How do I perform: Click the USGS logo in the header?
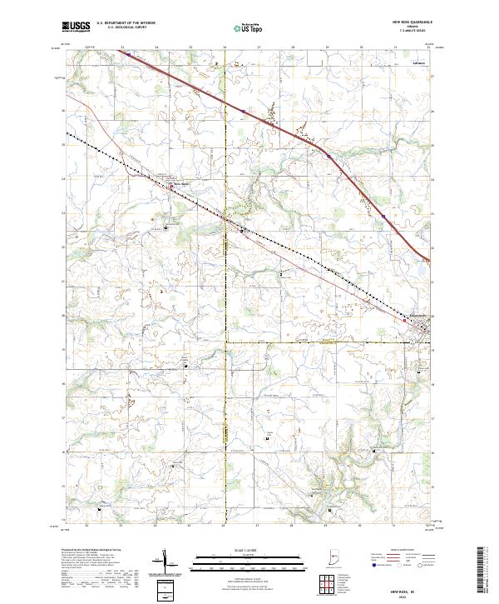point(77,27)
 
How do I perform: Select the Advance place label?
point(420,62)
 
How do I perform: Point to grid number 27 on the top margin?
point(259,47)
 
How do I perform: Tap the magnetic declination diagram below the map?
point(171,564)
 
